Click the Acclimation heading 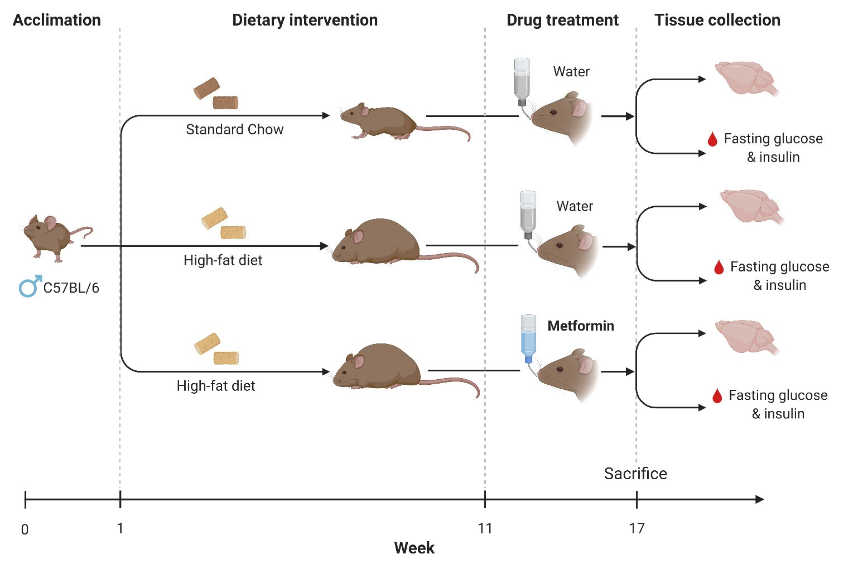pos(57,20)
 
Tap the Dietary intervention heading pos(305,20)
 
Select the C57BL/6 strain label pos(71,288)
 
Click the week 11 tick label pos(485,528)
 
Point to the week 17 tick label pos(637,528)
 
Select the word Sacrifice pos(635,473)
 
